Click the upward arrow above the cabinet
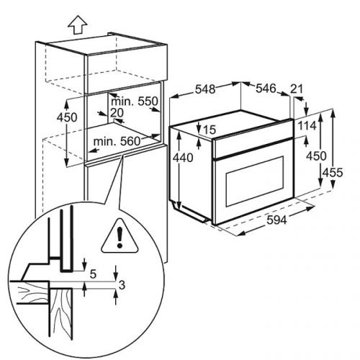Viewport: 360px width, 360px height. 77,24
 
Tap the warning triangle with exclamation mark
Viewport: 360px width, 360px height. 120,236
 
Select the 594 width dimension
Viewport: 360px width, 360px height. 276,220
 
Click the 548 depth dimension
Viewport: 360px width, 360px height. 205,89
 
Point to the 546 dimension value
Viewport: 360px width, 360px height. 266,89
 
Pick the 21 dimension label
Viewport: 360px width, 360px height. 297,89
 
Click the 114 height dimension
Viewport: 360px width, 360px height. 307,125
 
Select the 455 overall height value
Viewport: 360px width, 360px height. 333,173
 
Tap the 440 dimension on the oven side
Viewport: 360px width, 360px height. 183,158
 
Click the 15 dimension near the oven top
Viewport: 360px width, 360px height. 210,130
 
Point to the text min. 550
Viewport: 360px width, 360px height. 135,102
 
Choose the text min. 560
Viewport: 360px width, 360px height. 117,141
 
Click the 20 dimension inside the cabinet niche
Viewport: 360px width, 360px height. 117,112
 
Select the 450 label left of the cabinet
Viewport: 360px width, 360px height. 67,117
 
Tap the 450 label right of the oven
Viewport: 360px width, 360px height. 316,156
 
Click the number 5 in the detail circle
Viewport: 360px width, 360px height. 93,274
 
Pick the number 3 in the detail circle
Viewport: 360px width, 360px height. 122,285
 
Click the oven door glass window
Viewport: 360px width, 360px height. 255,181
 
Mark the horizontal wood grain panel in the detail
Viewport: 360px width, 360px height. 30,292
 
